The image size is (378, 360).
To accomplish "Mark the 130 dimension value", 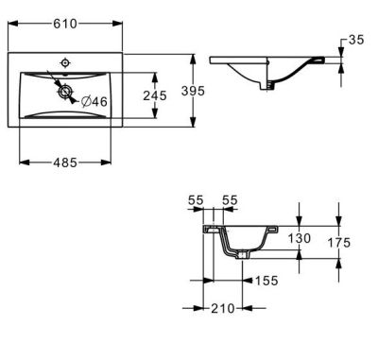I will [299, 240].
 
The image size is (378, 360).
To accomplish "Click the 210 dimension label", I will [222, 308].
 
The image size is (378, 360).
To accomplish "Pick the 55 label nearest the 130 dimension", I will [230, 201].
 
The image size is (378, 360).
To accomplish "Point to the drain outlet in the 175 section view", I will [244, 254].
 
